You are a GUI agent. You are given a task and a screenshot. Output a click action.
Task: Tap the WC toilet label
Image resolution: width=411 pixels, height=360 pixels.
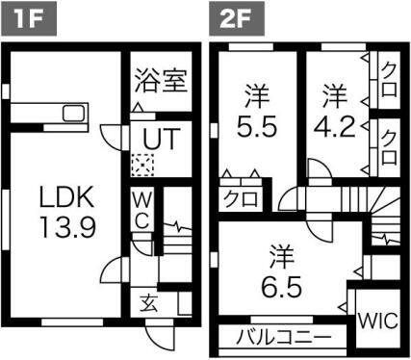point(141,208)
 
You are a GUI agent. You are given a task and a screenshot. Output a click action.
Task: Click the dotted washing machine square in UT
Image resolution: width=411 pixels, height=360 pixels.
point(142,165)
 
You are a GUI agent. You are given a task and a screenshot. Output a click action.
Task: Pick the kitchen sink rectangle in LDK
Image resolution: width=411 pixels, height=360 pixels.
point(73,114)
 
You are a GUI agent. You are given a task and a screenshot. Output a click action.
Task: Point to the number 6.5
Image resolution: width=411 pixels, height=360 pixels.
point(280,287)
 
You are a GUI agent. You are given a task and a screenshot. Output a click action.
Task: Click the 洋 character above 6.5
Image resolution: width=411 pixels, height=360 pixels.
point(280,257)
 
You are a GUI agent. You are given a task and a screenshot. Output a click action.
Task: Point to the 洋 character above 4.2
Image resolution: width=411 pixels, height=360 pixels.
point(333,95)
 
